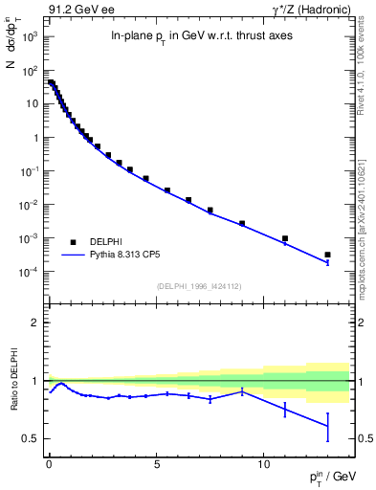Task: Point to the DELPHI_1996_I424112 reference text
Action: (x=198, y=284)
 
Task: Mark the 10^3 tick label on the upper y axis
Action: (x=30, y=36)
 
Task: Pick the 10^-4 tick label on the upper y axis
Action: (x=30, y=272)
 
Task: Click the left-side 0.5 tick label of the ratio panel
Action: (x=32, y=438)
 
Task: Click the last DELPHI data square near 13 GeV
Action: (x=327, y=255)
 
